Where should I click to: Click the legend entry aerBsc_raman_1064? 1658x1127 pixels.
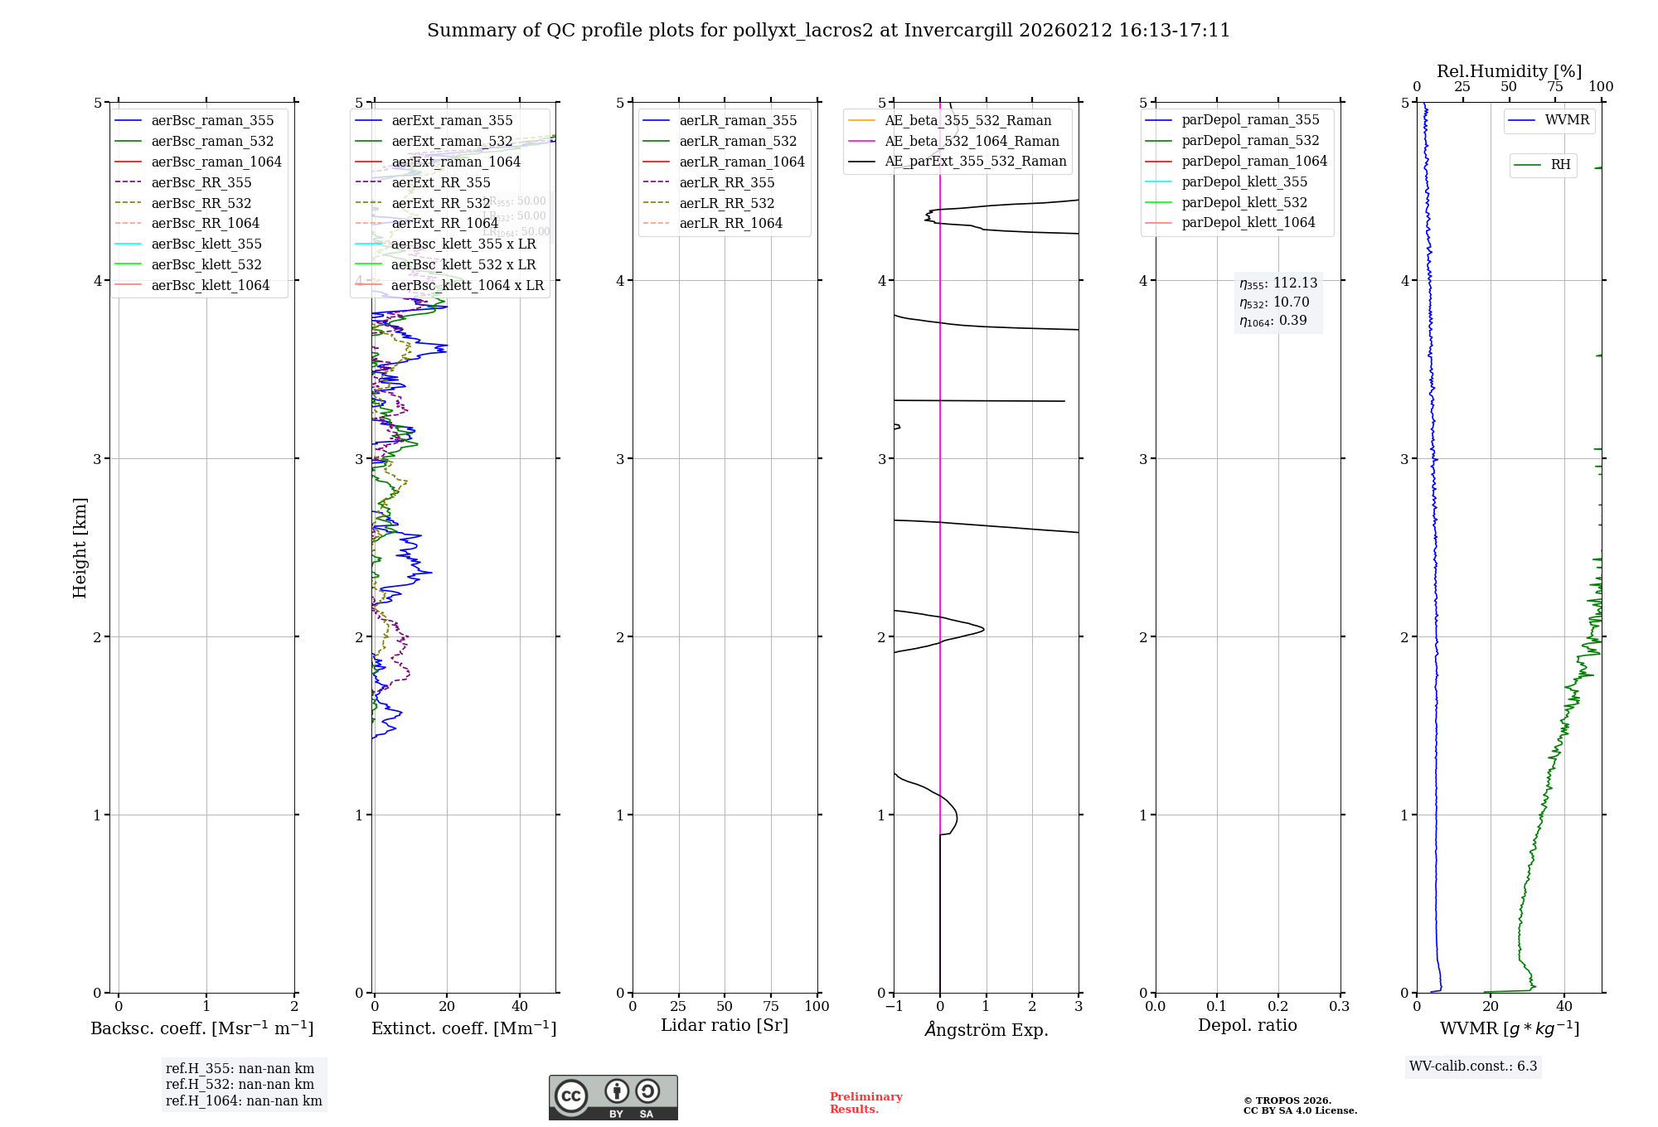(216, 162)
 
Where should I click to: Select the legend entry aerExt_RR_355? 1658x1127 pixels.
(440, 182)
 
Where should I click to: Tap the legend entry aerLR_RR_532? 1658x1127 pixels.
(726, 203)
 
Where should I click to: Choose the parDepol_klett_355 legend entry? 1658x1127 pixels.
(1243, 181)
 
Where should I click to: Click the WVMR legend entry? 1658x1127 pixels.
(1567, 120)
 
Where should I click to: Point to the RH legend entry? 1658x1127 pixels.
(1560, 165)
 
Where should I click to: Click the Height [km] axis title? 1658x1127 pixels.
(80, 548)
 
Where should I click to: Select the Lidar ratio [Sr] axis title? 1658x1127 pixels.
(725, 1025)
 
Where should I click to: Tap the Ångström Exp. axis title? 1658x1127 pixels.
(987, 1029)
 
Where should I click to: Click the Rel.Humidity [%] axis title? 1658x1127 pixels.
(1509, 71)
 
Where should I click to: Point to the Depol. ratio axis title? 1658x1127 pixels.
(1248, 1025)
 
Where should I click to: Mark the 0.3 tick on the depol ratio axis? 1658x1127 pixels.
(1339, 1006)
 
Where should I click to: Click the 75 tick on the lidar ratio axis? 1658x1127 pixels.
(771, 1006)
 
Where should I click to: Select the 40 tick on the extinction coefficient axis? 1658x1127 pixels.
(520, 1006)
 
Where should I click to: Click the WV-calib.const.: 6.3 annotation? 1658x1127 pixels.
(1473, 1067)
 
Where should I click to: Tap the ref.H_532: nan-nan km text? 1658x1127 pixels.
(240, 1084)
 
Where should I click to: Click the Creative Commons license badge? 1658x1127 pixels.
(613, 1097)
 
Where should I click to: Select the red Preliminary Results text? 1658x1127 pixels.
(865, 1103)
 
